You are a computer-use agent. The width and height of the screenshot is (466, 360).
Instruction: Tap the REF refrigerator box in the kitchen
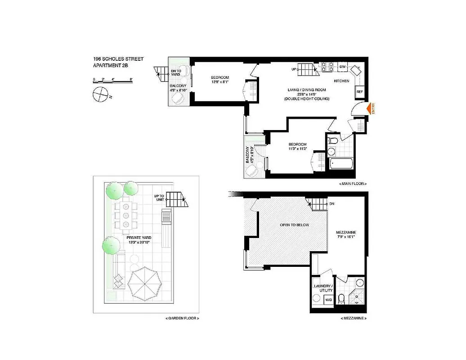359,91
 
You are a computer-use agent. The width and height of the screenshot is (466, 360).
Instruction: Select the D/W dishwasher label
342,67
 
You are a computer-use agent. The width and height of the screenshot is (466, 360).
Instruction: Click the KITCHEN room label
341,81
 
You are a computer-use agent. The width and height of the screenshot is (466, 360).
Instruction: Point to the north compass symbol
100,95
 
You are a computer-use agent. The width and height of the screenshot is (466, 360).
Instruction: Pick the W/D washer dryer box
329,299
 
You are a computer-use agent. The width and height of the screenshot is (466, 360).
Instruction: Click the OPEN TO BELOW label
294,225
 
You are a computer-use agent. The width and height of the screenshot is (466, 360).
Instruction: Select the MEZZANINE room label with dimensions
346,235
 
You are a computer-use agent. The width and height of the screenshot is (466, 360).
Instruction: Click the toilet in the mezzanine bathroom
341,298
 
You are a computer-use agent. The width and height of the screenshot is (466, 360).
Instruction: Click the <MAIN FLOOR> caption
353,184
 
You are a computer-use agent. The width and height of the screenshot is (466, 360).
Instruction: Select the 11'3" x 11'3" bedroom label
297,147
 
